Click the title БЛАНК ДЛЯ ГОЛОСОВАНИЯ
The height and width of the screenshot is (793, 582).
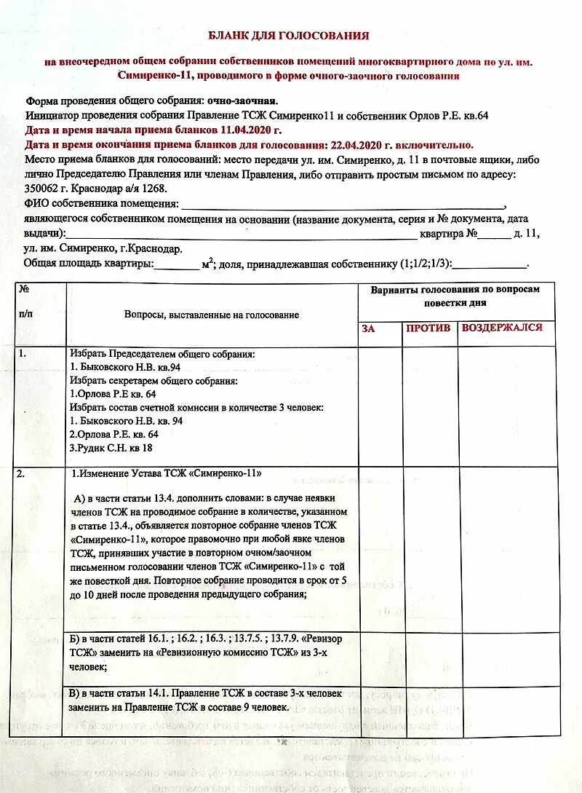click(289, 36)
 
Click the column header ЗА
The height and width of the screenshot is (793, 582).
click(368, 328)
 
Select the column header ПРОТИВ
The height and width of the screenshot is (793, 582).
click(428, 328)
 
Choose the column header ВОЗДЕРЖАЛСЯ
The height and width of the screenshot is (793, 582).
click(502, 328)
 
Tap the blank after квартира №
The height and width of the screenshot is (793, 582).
click(495, 234)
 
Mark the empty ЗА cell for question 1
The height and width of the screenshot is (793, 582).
click(379, 406)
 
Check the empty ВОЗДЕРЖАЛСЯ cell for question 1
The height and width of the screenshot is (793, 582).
click(506, 406)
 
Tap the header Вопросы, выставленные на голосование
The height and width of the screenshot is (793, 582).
click(212, 315)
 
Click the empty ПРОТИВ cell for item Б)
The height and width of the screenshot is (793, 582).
click(430, 658)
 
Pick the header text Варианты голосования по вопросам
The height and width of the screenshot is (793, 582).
click(455, 289)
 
